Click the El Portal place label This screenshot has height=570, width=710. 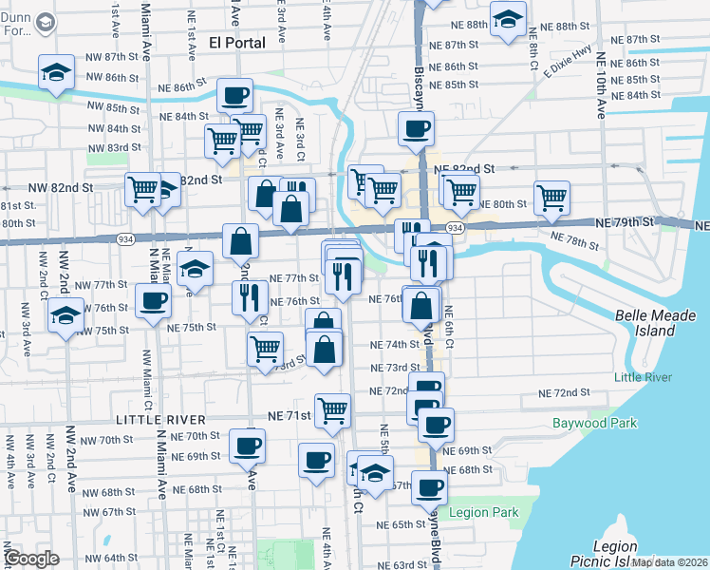[235, 43]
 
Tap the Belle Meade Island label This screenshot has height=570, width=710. [655, 323]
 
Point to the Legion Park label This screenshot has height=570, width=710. [484, 513]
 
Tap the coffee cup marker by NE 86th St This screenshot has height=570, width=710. [234, 95]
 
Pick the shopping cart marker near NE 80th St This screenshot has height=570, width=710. [551, 198]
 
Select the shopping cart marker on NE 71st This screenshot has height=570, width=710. [333, 410]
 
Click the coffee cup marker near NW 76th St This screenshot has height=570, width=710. [153, 303]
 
